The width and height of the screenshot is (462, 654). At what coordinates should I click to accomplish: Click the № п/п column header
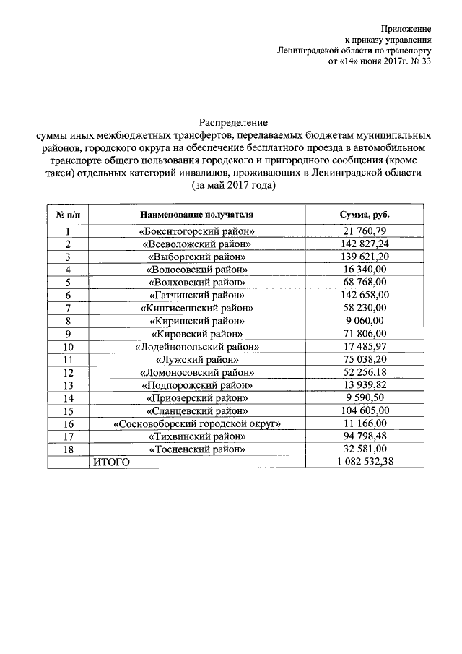coord(67,215)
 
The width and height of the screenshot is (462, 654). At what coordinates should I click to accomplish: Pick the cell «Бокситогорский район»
coord(198,232)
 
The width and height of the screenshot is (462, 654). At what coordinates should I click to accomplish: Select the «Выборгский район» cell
coord(198,257)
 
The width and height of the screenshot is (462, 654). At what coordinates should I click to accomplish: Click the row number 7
coord(67,307)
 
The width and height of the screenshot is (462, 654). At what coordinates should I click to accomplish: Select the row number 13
coord(67,384)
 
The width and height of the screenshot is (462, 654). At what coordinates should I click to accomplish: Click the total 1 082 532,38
coord(365,462)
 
